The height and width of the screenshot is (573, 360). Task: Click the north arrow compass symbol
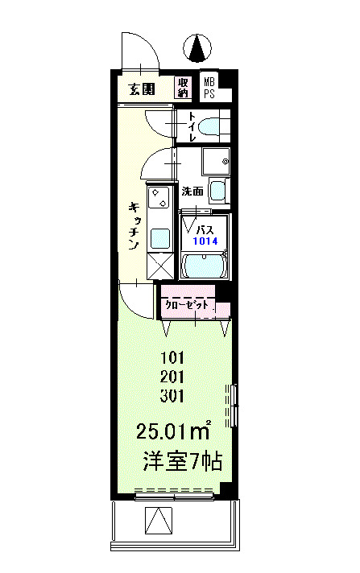[x=197, y=47]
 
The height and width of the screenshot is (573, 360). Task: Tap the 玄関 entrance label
[x=142, y=89]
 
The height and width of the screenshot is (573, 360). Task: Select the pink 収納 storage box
[x=183, y=87]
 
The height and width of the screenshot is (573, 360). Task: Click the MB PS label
[x=209, y=88]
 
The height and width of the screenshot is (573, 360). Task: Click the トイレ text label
[x=192, y=126]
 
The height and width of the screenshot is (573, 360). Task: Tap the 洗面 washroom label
[x=192, y=191]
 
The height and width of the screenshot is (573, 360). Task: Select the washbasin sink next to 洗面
[x=217, y=191]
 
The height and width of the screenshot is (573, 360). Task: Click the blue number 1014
[x=205, y=241]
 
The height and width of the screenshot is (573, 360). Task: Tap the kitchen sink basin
[x=160, y=239]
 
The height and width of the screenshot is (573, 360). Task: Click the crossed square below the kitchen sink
[x=160, y=266]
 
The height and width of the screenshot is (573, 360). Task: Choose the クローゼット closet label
[x=187, y=305]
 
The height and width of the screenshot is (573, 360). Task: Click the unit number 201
[x=172, y=377]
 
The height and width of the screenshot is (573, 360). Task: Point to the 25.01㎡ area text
[x=173, y=430]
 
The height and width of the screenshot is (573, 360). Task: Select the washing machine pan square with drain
[x=216, y=161]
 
